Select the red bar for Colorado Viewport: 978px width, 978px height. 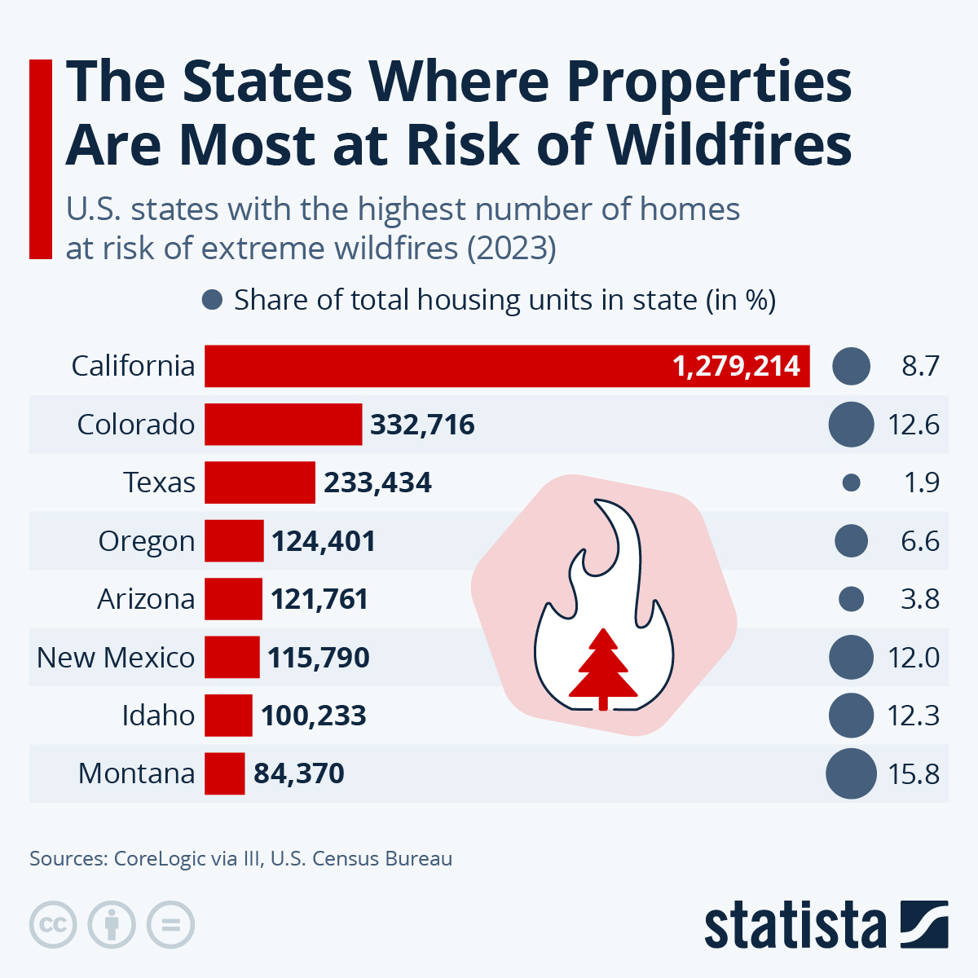tap(283, 425)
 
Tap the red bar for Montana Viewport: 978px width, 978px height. tap(224, 773)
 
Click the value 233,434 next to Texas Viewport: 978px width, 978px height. tap(377, 483)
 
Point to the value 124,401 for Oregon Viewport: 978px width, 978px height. tap(324, 541)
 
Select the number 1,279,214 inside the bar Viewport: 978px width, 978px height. tap(736, 366)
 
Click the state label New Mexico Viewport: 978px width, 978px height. tap(116, 658)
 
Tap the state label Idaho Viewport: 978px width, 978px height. tap(158, 716)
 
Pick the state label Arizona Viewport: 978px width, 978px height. tap(146, 600)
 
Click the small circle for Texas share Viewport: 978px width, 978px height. tap(851, 483)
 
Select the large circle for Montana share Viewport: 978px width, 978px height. tap(851, 773)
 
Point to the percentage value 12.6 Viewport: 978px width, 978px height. tap(913, 425)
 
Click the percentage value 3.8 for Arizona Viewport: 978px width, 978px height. tap(919, 600)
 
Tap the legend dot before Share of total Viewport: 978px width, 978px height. tap(212, 300)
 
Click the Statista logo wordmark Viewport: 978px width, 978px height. tap(795, 926)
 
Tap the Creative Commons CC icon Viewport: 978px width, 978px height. tap(53, 925)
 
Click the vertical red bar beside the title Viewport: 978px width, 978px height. tap(41, 159)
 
